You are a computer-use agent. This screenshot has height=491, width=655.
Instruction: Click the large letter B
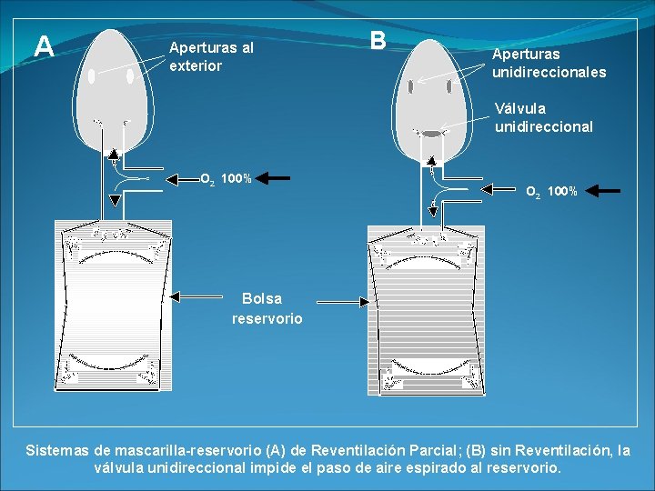tap(378, 41)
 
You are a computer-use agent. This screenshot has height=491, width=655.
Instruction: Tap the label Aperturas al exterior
tap(211, 56)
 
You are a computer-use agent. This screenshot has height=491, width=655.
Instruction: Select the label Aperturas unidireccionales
tap(549, 63)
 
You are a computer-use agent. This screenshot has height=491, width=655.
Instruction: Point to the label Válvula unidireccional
tap(543, 117)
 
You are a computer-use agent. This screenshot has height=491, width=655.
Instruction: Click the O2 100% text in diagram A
tap(226, 179)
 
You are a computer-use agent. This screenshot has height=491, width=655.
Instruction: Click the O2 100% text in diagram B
tap(551, 191)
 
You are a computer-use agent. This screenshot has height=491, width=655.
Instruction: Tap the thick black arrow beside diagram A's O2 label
tap(291, 178)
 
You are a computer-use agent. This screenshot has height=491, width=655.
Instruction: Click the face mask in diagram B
tap(430, 91)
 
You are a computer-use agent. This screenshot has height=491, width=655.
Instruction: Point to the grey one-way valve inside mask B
tap(430, 134)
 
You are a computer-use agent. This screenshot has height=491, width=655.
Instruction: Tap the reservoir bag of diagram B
tap(426, 309)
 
